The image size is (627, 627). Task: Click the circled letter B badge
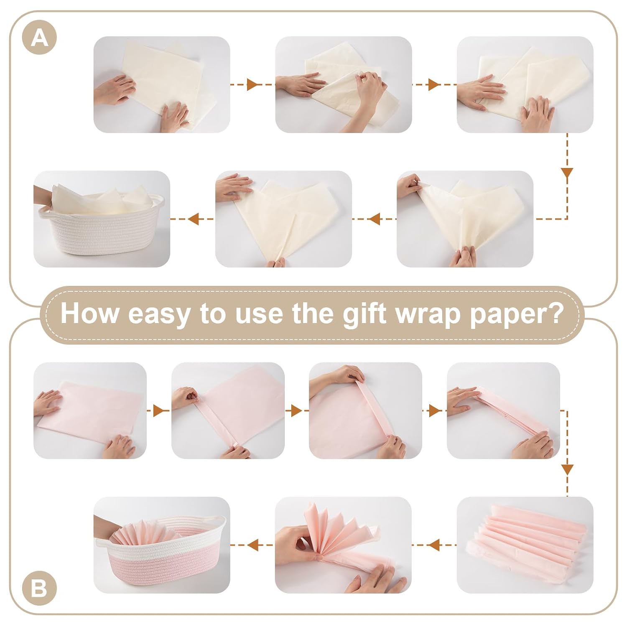pos(39,589)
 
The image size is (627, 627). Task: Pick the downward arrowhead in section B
pos(567,469)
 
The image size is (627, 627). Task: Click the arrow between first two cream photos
pos(252,84)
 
